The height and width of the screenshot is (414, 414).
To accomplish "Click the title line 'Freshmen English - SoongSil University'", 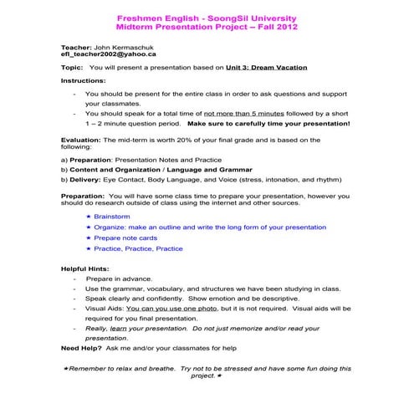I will [x=206, y=17].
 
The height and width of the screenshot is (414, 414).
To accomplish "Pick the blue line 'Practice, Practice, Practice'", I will [x=138, y=248].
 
